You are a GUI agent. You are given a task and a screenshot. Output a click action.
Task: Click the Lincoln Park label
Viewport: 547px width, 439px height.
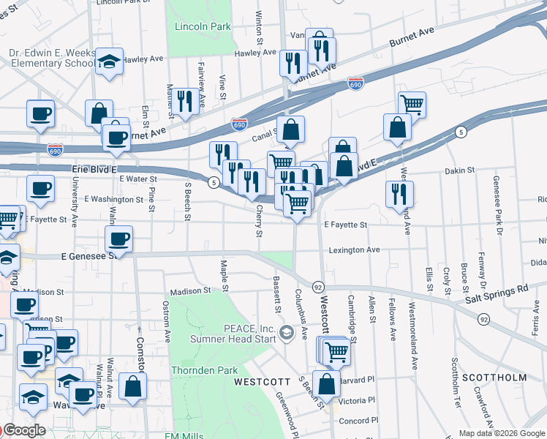(203, 27)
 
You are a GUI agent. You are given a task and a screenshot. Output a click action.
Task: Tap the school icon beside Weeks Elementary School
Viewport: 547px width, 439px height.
(110, 62)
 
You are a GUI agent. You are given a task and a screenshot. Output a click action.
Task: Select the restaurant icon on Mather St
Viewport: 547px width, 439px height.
(184, 101)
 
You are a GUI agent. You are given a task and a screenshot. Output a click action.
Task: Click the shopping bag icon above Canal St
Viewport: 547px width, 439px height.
(290, 130)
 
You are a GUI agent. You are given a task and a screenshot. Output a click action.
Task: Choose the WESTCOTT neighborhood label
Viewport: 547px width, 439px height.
(257, 383)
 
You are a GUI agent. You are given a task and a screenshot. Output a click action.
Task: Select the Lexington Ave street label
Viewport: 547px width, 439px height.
(354, 250)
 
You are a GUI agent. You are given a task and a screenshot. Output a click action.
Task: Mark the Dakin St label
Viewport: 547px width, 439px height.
(460, 170)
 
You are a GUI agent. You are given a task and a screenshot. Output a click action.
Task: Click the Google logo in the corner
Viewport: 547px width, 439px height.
(23, 430)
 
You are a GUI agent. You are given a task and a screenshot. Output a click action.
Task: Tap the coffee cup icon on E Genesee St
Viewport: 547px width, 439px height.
(118, 239)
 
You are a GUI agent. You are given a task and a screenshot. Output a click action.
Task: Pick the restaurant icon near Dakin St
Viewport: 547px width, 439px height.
(399, 194)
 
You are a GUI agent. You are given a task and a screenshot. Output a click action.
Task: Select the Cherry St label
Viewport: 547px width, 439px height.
(259, 221)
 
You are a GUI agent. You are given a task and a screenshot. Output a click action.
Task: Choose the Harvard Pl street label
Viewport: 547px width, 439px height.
(359, 380)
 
